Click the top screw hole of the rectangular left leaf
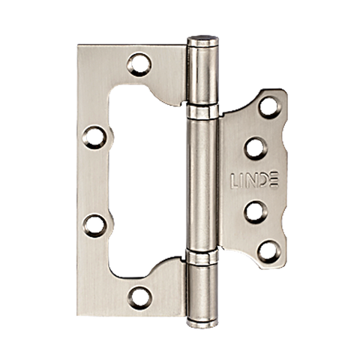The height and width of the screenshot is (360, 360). click(139, 64)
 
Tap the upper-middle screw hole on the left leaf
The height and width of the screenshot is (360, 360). click(94, 137)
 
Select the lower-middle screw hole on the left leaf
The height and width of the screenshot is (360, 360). click(94, 226)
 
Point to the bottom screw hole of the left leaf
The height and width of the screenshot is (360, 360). click(139, 298)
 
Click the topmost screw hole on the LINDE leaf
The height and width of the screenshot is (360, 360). click(269, 107)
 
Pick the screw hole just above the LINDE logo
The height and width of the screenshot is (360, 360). click(256, 148)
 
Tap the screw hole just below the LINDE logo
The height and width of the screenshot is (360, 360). click(256, 212)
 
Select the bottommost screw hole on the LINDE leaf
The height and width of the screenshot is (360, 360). click(269, 252)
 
